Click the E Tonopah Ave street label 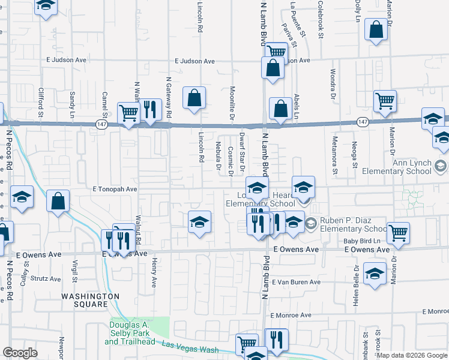click(115, 188)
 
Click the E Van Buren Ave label click(295, 282)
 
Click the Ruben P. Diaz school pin click(311, 224)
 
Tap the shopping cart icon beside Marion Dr click(385, 101)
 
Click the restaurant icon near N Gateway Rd click(149, 110)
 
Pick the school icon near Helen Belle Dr click(375, 273)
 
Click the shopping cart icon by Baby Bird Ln click(398, 233)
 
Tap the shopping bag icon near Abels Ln click(280, 109)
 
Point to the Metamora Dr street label click(334, 152)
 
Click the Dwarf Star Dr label click(242, 146)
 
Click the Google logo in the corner click(20, 353)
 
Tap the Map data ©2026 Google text click(412, 355)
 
